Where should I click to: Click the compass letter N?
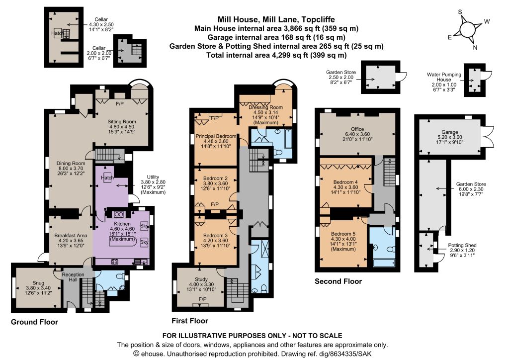475,47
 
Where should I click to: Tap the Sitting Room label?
122,122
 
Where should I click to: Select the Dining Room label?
71,163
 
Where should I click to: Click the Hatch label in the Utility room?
107,178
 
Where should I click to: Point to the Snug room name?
38,283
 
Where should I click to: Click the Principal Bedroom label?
216,136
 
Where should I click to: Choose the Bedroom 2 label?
215,178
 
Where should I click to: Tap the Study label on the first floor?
201,279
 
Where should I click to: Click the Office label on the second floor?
357,129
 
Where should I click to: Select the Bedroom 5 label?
343,234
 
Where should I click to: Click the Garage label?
449,132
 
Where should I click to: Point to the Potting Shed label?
462,246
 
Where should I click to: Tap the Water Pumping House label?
444,77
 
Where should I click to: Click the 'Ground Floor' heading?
34,322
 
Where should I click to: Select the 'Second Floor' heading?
338,281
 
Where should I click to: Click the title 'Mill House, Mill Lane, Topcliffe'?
276,19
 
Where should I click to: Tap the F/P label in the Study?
202,299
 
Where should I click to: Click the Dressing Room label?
265,107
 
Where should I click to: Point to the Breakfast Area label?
71,235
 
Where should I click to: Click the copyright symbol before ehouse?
136,354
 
